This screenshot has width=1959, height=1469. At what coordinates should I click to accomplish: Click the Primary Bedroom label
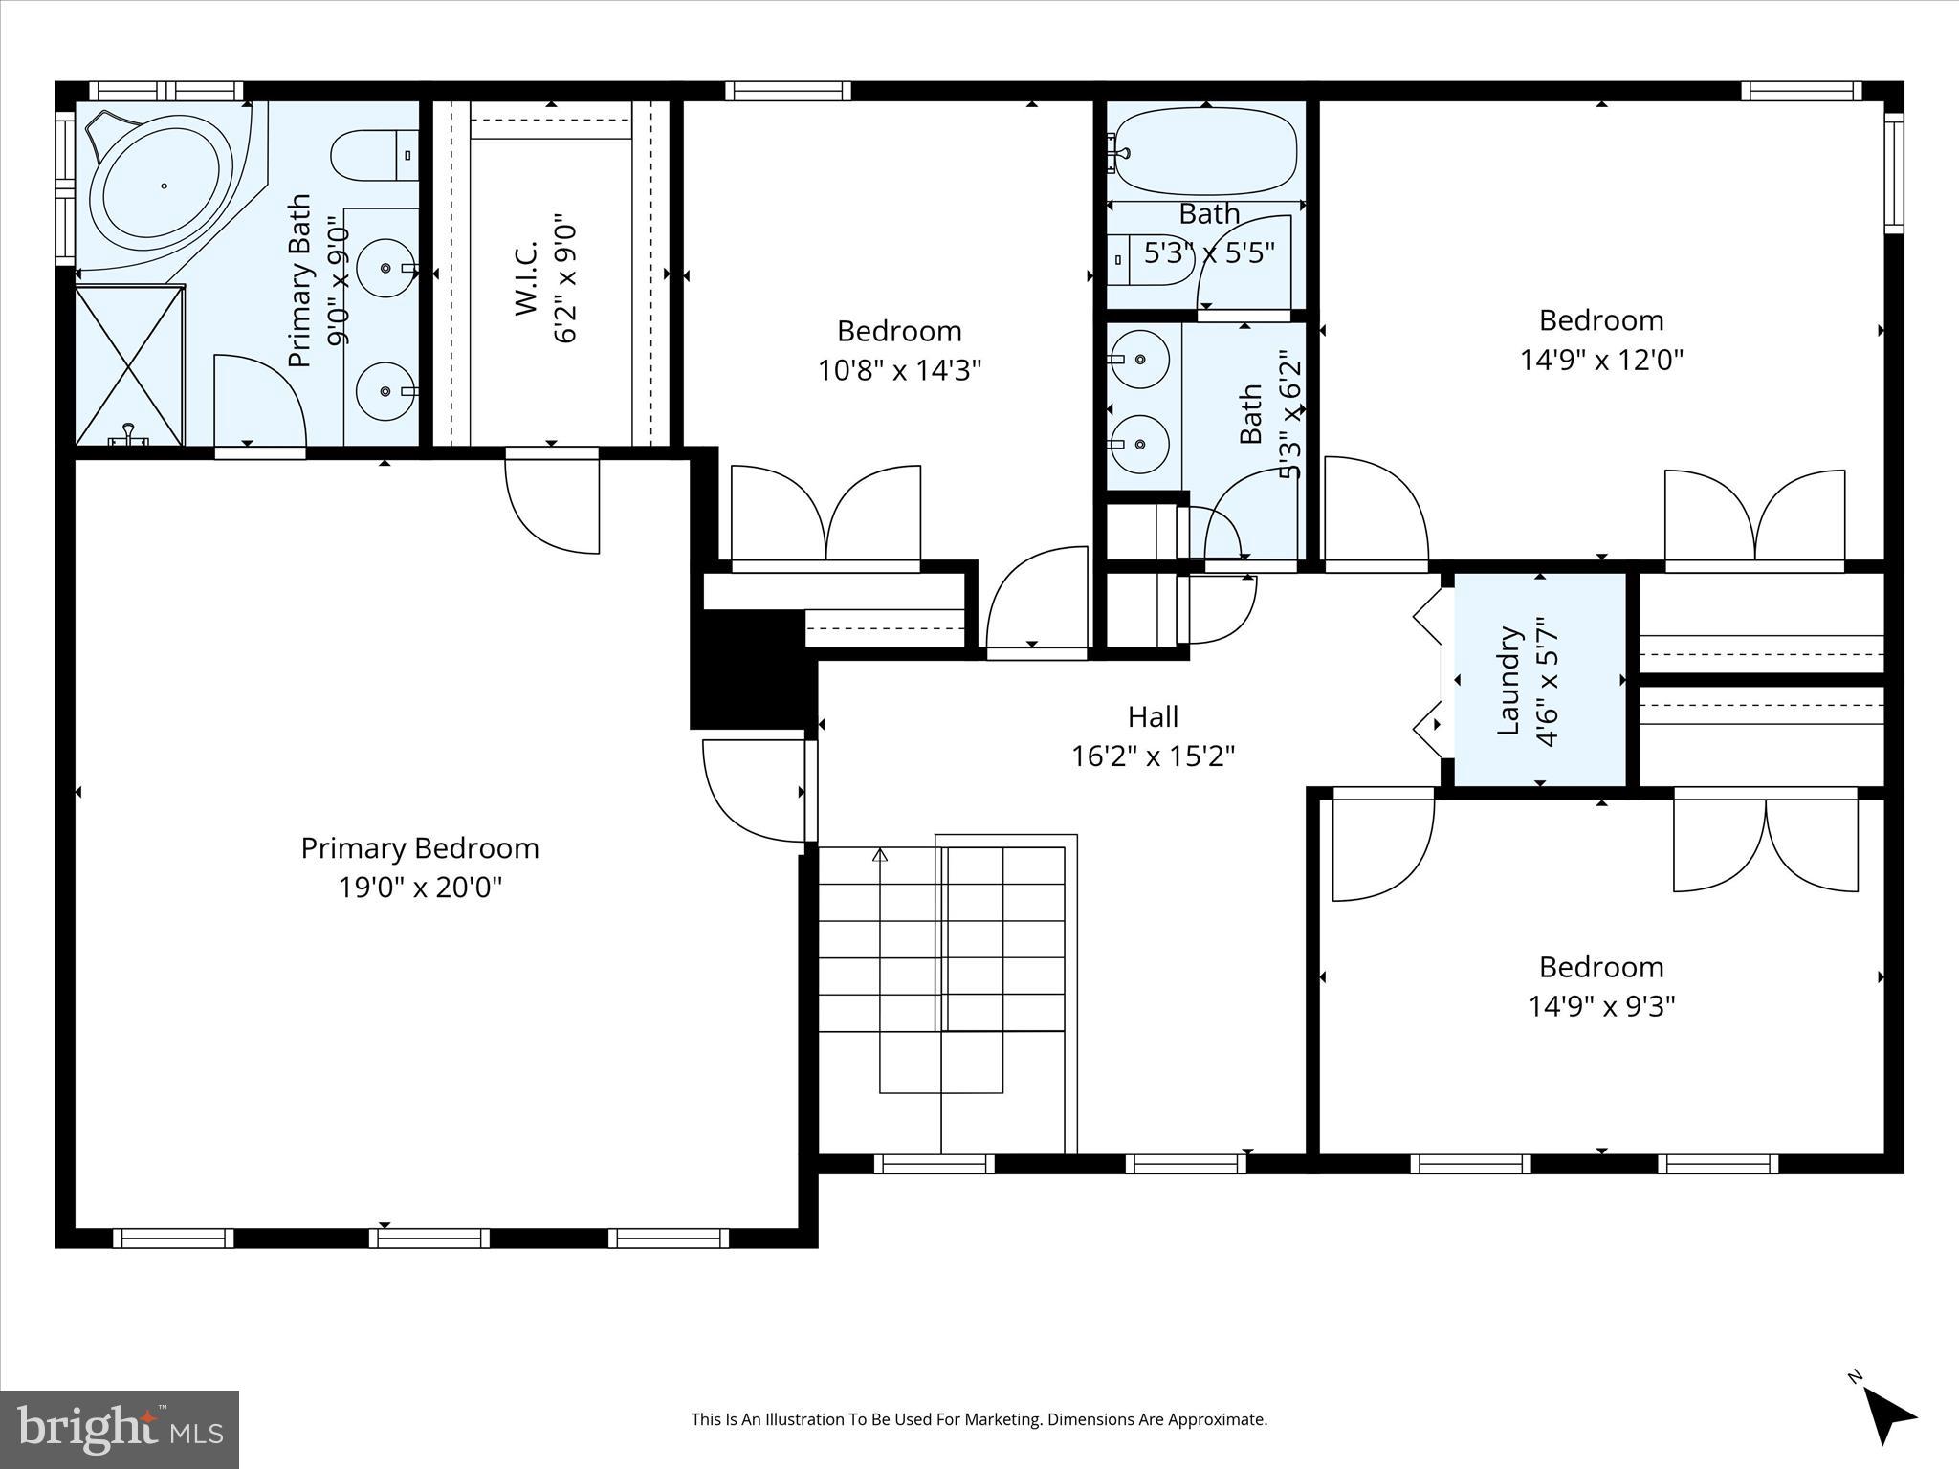pos(420,848)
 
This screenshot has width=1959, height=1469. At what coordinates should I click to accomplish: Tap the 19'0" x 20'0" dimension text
pos(420,888)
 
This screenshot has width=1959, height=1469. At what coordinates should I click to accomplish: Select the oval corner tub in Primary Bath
pos(165,186)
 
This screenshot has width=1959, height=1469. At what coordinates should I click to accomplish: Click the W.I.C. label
pos(527,277)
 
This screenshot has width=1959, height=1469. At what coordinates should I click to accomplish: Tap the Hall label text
pos(1153,716)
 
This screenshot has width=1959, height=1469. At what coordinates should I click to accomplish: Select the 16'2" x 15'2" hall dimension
pos(1153,756)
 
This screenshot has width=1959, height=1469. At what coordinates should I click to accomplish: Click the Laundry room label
pos(1508,680)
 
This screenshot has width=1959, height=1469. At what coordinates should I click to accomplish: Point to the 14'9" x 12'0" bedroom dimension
pos(1601,360)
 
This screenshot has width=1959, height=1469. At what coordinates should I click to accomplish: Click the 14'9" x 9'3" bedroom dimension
pos(1601,1006)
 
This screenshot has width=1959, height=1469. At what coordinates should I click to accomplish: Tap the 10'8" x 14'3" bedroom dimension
pos(899,370)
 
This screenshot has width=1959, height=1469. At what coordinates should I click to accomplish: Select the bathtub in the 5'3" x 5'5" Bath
pos(1206,151)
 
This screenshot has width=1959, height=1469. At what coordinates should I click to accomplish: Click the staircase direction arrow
pos(880,855)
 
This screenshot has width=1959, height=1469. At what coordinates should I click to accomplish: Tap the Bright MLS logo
pos(120,1429)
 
